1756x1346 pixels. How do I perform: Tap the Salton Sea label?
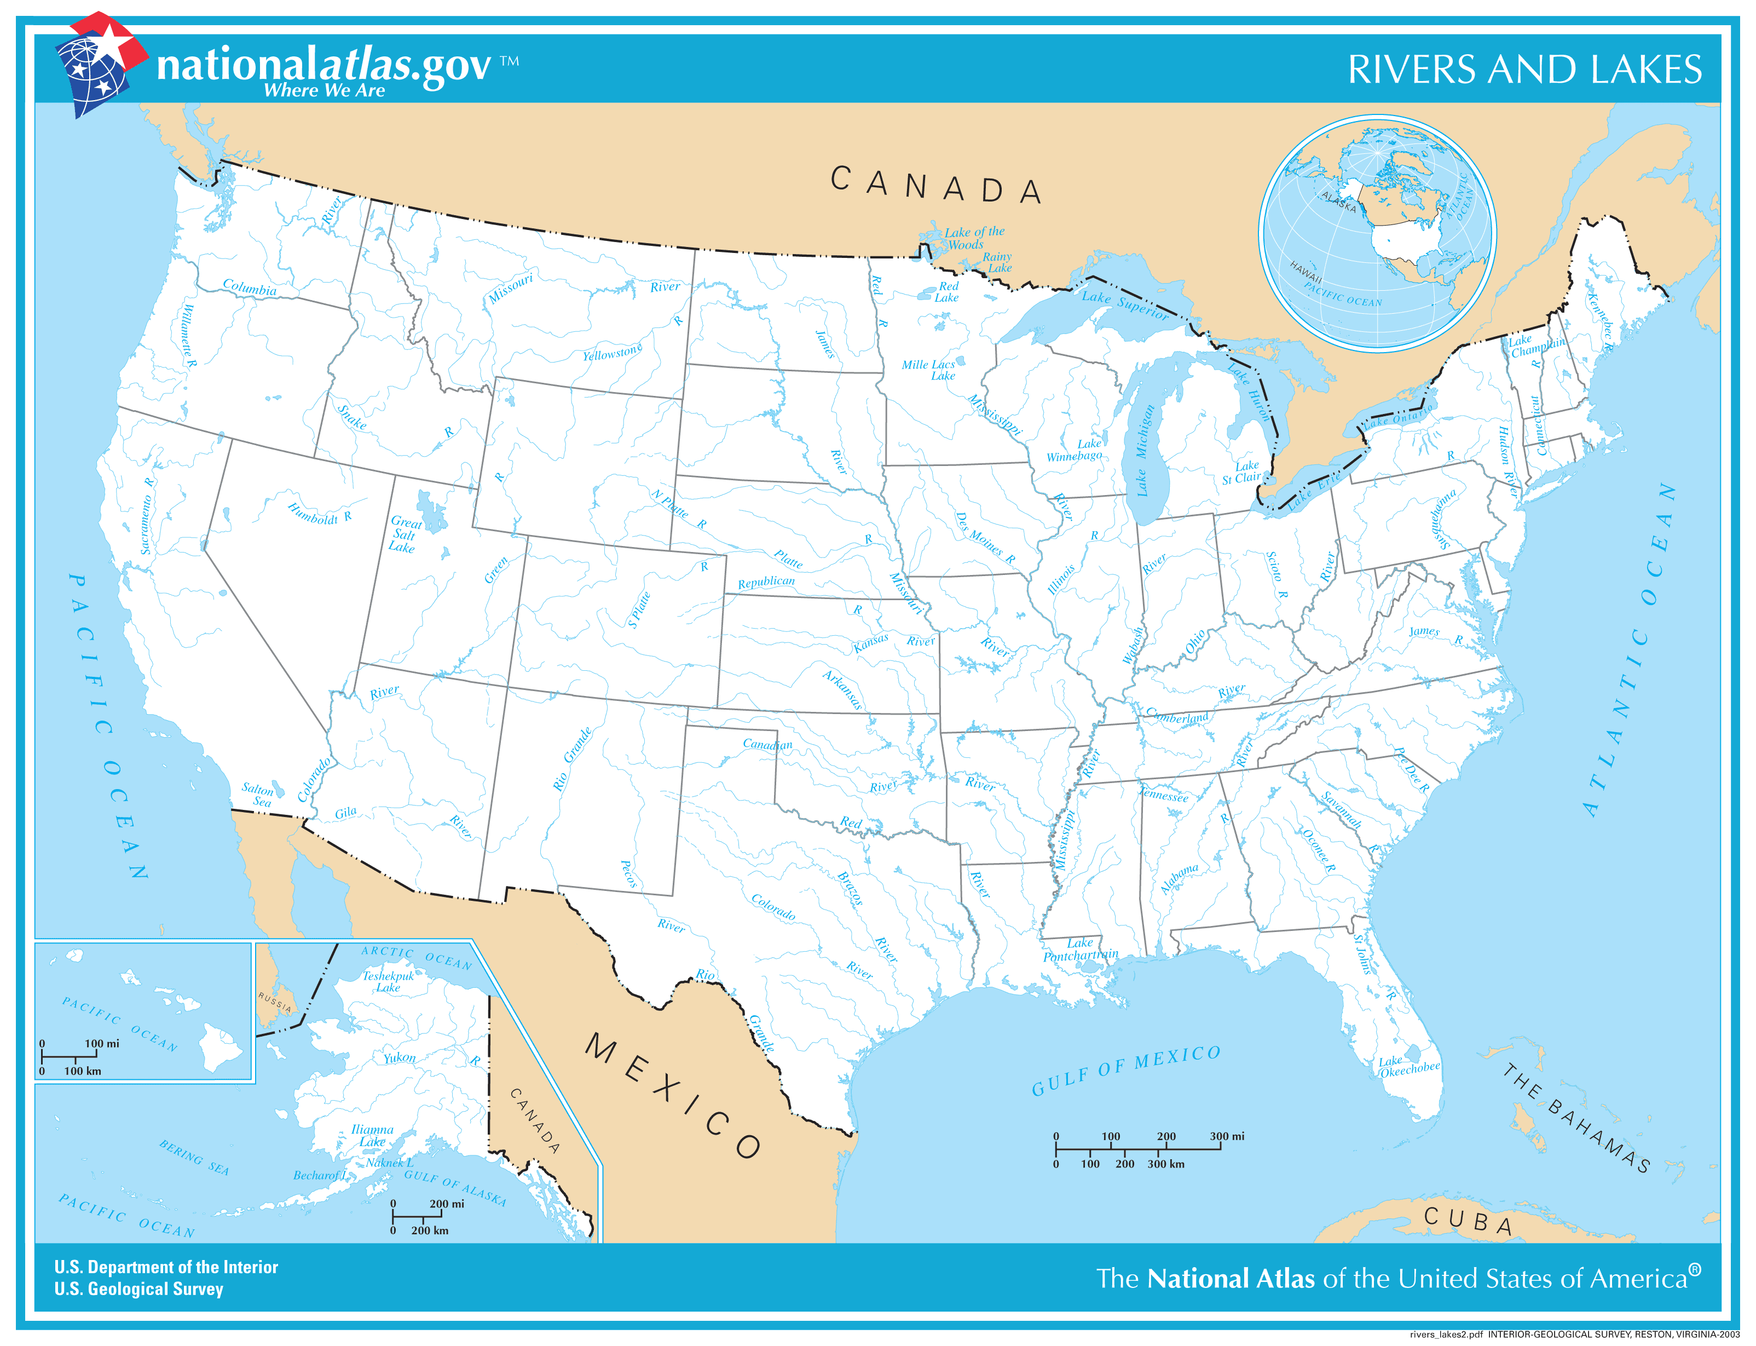[x=258, y=795]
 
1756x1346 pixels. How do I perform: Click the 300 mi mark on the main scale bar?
[x=1227, y=1136]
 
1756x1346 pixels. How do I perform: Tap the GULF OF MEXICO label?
[x=1126, y=1071]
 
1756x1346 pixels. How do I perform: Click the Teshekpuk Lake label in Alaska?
[x=388, y=981]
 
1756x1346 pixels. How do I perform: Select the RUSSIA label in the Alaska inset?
[x=275, y=1002]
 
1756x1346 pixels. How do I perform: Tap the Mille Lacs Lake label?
[x=929, y=370]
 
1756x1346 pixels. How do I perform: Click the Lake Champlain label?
[x=1536, y=346]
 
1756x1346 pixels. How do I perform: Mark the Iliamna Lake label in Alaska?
[x=372, y=1135]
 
